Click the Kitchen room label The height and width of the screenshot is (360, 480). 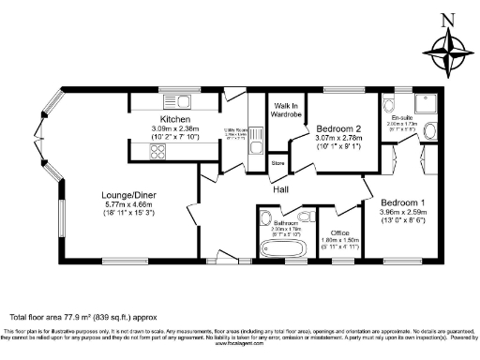(x=175, y=120)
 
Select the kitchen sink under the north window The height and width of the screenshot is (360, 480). (x=181, y=100)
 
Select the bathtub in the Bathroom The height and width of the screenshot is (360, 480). (x=278, y=248)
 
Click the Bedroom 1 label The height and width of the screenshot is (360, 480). (x=402, y=202)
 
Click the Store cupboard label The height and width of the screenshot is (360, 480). (x=277, y=163)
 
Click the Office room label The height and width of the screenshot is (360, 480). (x=336, y=231)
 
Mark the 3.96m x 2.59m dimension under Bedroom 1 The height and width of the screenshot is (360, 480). (x=402, y=212)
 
